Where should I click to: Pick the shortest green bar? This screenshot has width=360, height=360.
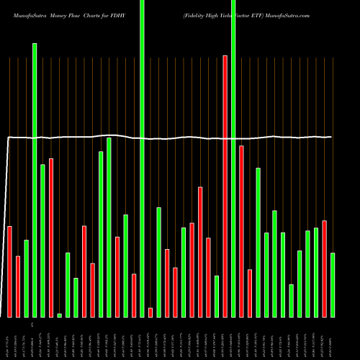pos(59,315)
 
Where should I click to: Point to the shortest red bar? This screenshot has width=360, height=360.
pos(150,312)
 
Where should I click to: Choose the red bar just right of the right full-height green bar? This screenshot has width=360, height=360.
pos(241,231)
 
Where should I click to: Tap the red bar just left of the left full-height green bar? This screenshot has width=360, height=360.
pos(134,295)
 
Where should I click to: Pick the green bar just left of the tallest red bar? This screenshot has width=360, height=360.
pos(217,296)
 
